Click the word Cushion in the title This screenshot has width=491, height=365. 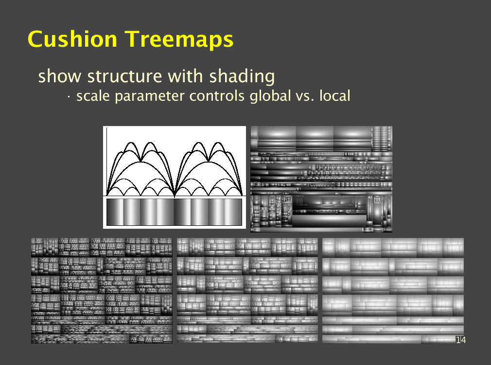[72, 39]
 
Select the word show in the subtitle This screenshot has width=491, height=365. [59, 76]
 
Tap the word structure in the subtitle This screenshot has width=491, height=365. [124, 76]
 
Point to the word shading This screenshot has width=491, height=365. [242, 77]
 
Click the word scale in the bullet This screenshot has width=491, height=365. [93, 96]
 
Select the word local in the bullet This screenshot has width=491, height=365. [334, 96]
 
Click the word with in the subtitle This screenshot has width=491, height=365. [185, 76]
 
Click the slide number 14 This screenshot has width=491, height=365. [461, 340]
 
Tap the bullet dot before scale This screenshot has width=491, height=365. [68, 97]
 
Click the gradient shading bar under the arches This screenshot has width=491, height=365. [174, 212]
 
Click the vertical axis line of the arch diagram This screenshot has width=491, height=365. [107, 162]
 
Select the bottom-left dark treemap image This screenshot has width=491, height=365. [102, 291]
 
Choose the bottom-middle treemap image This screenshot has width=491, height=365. [247, 290]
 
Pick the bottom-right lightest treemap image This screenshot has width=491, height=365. [393, 291]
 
